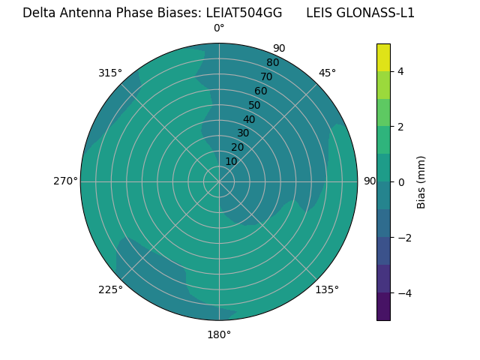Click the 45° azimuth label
[327, 73]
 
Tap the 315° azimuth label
[110, 73]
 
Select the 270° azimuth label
[65, 181]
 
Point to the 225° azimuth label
[110, 290]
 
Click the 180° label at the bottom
[219, 334]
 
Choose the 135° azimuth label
[327, 289]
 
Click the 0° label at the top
[219, 28]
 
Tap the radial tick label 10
[231, 161]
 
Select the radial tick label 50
[254, 105]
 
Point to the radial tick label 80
[272, 62]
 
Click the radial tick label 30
[243, 133]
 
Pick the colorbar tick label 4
[400, 71]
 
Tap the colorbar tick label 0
[400, 181]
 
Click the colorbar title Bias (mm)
[421, 181]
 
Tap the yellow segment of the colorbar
[383, 57]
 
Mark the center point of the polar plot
[219, 181]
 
